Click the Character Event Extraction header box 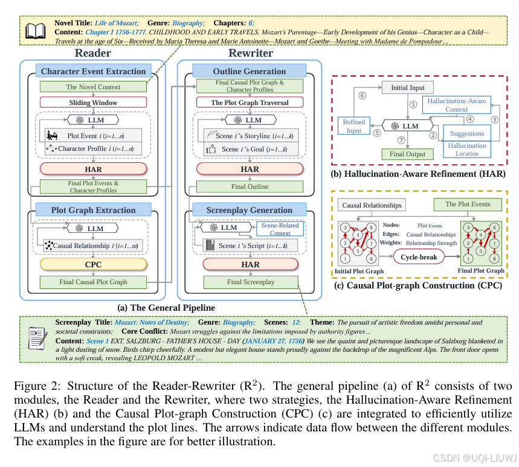93,71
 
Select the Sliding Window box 93,103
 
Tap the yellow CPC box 93,264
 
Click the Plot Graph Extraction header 93,210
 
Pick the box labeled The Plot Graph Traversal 250,103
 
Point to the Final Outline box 250,186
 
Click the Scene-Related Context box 280,229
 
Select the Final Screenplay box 250,282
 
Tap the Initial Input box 408,87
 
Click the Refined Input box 354,126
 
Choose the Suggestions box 467,133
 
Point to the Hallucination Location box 467,149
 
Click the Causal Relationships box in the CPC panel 371,205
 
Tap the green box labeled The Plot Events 468,204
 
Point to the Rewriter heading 250,53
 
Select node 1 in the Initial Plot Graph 346,258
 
